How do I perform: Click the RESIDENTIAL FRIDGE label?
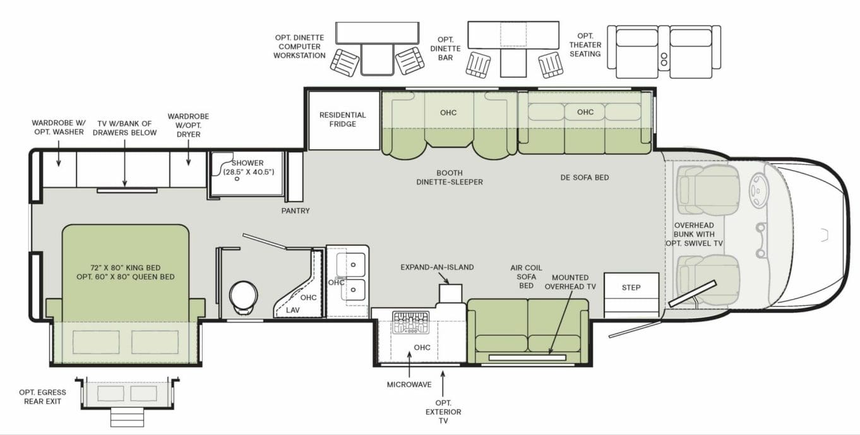[x=342, y=119]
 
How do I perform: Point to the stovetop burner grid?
[x=410, y=322]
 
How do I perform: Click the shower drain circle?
[x=237, y=179]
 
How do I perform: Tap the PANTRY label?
[x=296, y=211]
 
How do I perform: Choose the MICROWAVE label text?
[x=409, y=384]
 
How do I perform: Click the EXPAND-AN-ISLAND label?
[x=437, y=267]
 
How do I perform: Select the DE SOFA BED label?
[x=584, y=178]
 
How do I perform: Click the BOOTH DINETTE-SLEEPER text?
[x=450, y=178]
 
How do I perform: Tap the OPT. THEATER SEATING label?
[x=585, y=45]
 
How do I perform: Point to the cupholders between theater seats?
[x=664, y=59]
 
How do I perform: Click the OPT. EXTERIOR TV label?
[x=443, y=412]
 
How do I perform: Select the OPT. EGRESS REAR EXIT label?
[x=42, y=396]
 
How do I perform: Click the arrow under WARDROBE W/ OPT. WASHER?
[x=59, y=154]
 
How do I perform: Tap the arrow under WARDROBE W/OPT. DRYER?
[x=189, y=153]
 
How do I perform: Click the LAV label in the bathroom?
[x=292, y=310]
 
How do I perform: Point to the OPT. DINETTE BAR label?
[x=445, y=49]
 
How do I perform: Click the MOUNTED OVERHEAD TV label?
[x=570, y=282]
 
